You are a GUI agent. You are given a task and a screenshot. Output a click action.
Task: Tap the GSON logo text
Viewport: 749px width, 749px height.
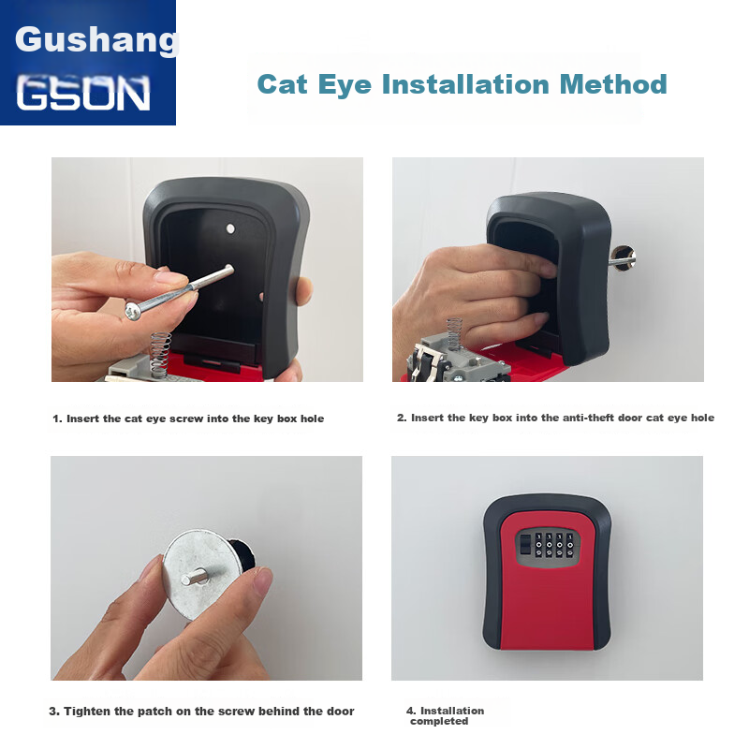(x=83, y=93)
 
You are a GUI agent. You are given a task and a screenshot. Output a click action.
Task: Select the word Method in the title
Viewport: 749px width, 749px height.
(x=613, y=84)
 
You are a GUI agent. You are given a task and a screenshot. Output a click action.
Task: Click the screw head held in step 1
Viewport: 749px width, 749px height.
(x=133, y=311)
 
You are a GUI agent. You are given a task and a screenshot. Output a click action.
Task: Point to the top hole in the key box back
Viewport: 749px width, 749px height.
(x=230, y=228)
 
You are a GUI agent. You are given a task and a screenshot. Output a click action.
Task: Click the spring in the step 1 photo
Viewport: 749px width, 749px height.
(x=160, y=354)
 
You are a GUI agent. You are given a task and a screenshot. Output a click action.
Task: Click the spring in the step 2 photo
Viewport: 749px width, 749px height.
(x=453, y=333)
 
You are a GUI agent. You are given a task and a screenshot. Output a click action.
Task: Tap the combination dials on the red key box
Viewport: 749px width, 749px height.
(x=554, y=546)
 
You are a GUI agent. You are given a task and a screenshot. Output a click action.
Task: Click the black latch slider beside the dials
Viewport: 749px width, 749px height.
(x=524, y=544)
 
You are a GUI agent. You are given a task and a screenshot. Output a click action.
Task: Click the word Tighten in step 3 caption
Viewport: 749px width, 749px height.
(x=84, y=712)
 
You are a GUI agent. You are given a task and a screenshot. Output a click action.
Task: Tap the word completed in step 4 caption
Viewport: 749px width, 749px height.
(x=439, y=721)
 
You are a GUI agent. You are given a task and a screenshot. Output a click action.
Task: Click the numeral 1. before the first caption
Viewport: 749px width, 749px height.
(x=57, y=419)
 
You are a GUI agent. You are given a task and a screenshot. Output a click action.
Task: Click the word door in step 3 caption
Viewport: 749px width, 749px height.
(x=341, y=712)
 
